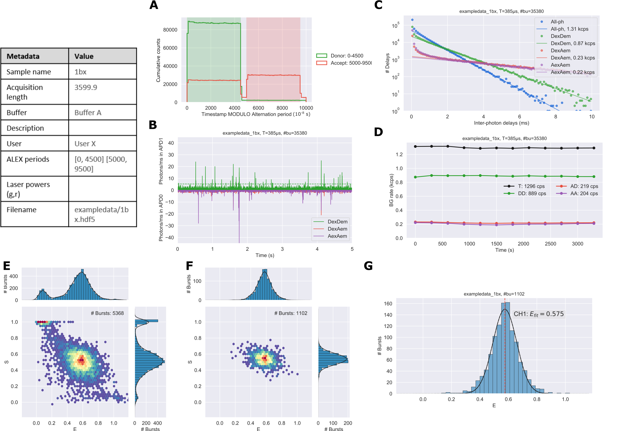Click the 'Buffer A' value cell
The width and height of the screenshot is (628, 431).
click(x=88, y=113)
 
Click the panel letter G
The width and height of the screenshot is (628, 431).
click(x=368, y=266)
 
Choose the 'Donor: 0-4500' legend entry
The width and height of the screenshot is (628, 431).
click(x=347, y=56)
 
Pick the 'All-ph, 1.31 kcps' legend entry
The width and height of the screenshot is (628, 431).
click(x=569, y=29)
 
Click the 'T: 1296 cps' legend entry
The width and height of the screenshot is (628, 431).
click(x=531, y=186)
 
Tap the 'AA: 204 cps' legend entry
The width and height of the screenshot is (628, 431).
click(x=584, y=194)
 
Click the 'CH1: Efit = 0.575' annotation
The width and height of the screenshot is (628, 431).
click(x=538, y=314)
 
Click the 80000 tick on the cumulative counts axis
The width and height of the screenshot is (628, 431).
click(x=170, y=30)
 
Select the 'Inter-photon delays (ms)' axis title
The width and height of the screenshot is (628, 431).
click(x=501, y=123)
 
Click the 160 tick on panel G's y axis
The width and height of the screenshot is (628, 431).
click(x=388, y=304)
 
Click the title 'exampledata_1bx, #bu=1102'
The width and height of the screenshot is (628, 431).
click(x=494, y=294)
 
